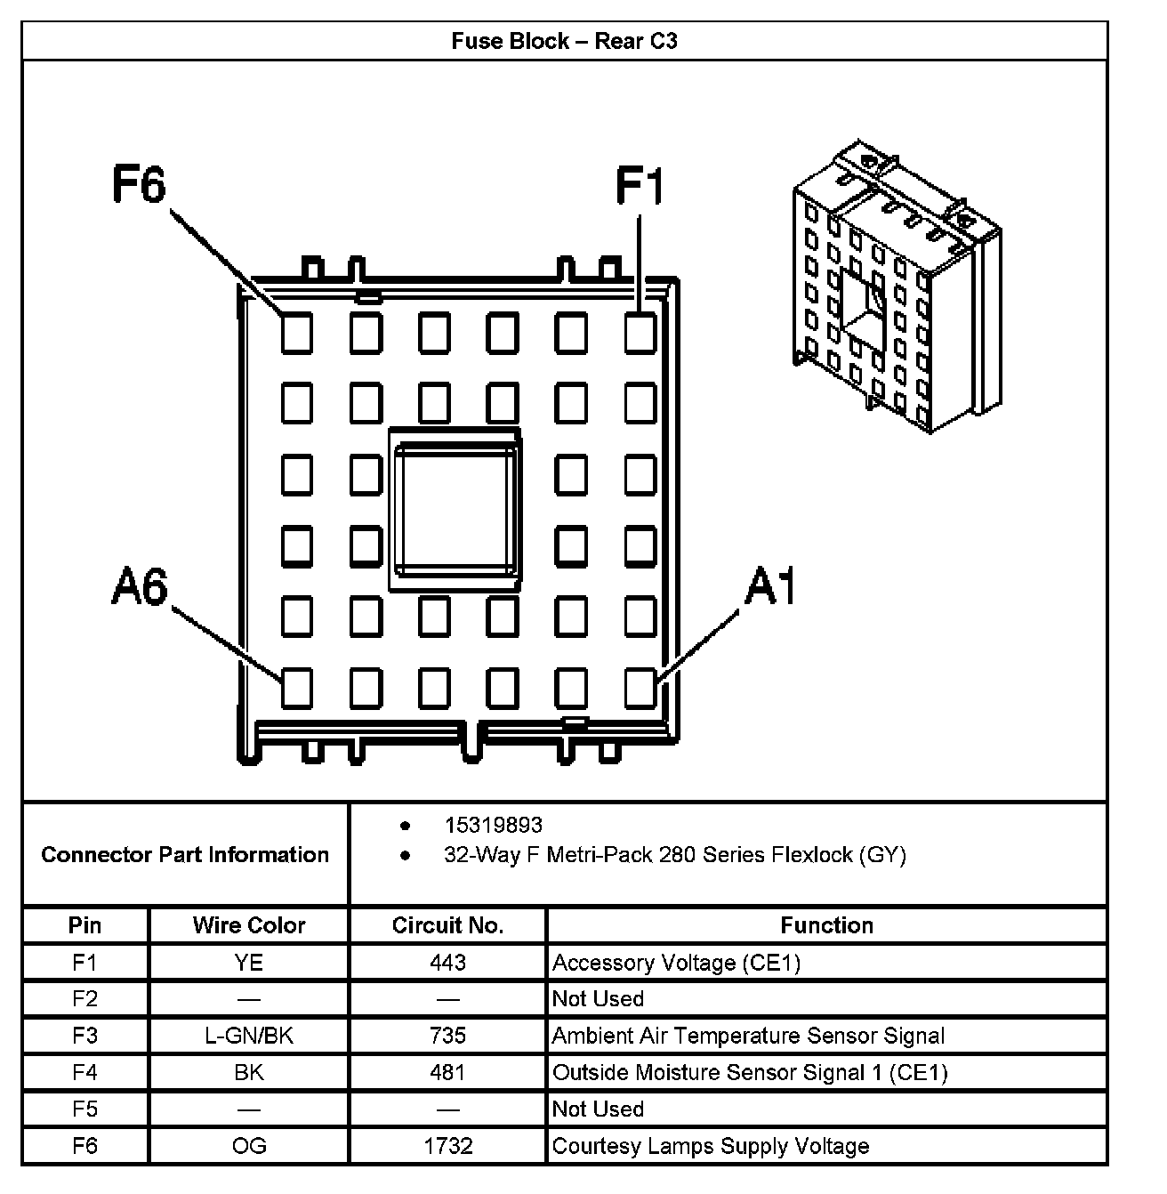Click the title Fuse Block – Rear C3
pos(564,42)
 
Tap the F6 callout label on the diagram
pos(140,186)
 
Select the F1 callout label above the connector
pos(640,188)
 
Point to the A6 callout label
pos(140,587)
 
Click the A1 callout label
pos(770,587)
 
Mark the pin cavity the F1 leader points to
pos(640,333)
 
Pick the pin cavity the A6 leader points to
pos(297,687)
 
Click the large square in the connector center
pos(455,509)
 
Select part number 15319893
pos(493,825)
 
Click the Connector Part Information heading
pos(185,855)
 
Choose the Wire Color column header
pos(249,925)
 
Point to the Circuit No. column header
pos(447,925)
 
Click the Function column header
pos(826,925)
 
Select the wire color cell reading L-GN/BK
pos(249,1036)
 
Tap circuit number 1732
pos(447,1146)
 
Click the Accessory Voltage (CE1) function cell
pos(676,963)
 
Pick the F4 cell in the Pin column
pos(85,1072)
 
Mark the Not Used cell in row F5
pos(598,1109)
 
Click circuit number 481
pos(447,1072)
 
